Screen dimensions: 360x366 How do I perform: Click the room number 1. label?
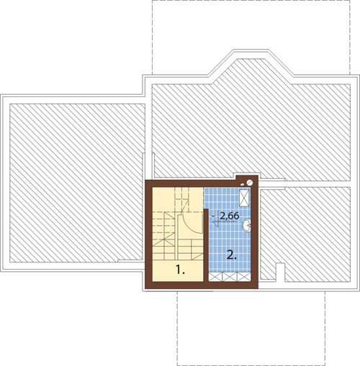tap(180, 270)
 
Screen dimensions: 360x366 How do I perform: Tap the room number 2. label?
tap(232, 255)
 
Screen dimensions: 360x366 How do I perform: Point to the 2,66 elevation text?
tap(230, 216)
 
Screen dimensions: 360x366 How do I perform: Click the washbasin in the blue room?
tap(246, 226)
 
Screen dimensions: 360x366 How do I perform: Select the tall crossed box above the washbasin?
tap(244, 198)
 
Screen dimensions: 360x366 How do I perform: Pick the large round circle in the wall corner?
tap(250, 183)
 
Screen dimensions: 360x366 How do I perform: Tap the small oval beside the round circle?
tap(243, 185)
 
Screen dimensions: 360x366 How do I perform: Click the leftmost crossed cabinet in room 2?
tap(215, 277)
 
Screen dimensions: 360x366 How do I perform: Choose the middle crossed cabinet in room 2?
tap(230, 277)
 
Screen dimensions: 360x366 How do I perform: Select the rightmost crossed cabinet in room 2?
tap(244, 277)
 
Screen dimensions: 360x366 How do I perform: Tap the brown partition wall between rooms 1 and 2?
tap(206, 246)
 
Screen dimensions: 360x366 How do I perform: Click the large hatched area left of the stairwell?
tap(77, 183)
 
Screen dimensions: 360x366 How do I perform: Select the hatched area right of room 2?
tap(305, 234)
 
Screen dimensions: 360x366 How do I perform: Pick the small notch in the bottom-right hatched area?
tap(279, 273)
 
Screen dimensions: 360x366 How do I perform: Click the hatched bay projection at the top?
tap(251, 71)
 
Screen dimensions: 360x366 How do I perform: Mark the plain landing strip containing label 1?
tap(178, 270)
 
